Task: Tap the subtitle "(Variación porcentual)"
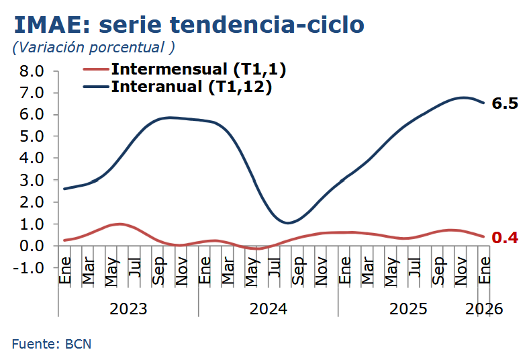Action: pos(93,47)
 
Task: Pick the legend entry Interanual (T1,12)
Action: pos(191,87)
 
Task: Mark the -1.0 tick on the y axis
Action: pos(28,267)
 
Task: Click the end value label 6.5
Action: pos(505,104)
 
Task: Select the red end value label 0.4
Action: pos(505,237)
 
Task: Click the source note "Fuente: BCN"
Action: pos(51,344)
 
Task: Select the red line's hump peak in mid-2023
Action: pos(119,224)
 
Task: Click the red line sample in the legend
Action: pos(95,69)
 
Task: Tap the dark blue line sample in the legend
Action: pos(95,87)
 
